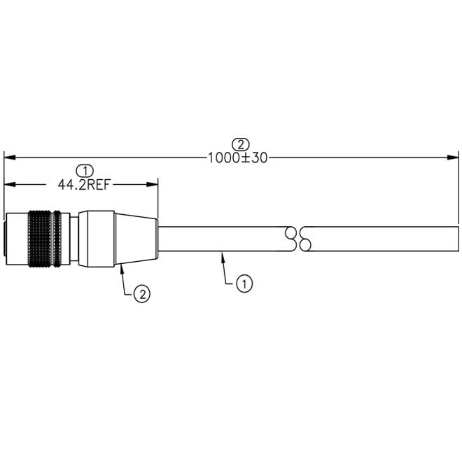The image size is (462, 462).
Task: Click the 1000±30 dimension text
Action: click(238, 158)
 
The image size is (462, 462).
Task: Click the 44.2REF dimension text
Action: click(84, 185)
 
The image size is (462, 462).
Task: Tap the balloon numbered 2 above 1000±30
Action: click(241, 144)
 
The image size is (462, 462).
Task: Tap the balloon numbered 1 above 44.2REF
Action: click(85, 171)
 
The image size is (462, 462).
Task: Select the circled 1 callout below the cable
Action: click(244, 283)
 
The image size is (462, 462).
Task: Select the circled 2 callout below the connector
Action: click(142, 294)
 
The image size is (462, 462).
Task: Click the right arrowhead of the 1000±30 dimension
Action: click(453, 157)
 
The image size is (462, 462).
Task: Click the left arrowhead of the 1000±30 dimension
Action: click(10, 157)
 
